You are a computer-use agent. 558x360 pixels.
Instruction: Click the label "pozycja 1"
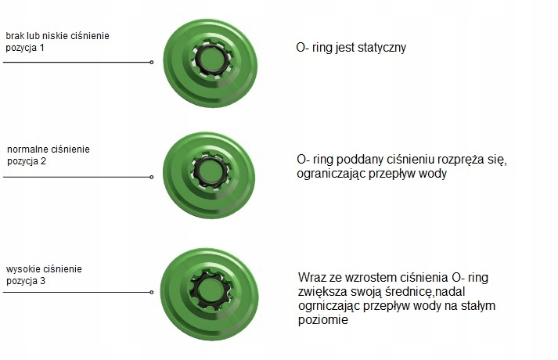26,49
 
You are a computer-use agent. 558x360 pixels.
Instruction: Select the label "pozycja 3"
26,280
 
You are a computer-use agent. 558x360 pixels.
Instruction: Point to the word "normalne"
27,148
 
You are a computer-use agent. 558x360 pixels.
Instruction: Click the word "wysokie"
22,269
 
